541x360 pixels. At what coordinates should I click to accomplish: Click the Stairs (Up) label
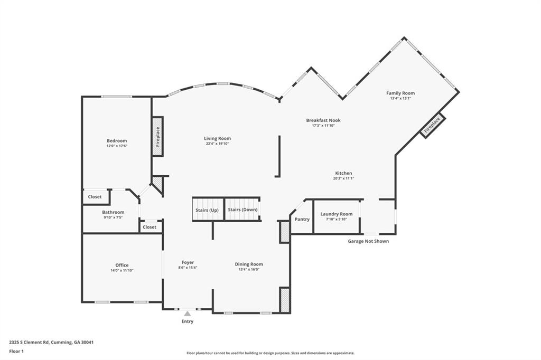coord(207,210)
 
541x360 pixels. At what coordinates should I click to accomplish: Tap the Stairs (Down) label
coord(242,210)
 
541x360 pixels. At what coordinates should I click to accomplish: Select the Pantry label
coord(302,219)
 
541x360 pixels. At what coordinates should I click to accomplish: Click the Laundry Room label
coord(336,214)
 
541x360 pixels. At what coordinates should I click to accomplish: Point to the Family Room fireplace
coord(432,126)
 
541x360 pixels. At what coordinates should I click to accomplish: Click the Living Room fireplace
coord(157,136)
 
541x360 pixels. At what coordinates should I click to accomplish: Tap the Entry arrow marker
coord(187,314)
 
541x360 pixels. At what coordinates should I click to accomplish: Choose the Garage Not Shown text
coord(368,241)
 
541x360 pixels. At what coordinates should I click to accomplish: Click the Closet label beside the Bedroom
coord(95,197)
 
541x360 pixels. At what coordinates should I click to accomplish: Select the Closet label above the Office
coord(150,227)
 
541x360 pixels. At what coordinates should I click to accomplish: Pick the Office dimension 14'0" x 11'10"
coord(122,270)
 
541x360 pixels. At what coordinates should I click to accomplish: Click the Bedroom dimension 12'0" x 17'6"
coord(117,146)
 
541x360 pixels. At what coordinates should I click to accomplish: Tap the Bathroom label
coord(113,212)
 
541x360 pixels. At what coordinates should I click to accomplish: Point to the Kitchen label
coord(343,173)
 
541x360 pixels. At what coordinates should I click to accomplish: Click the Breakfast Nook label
coord(323,120)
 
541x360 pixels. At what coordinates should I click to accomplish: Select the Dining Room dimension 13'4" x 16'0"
coord(249,269)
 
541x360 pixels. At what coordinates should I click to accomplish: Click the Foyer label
coord(188,262)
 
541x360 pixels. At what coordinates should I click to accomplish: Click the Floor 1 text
coord(16,351)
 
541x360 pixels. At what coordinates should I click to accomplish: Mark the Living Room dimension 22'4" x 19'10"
coord(218,144)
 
